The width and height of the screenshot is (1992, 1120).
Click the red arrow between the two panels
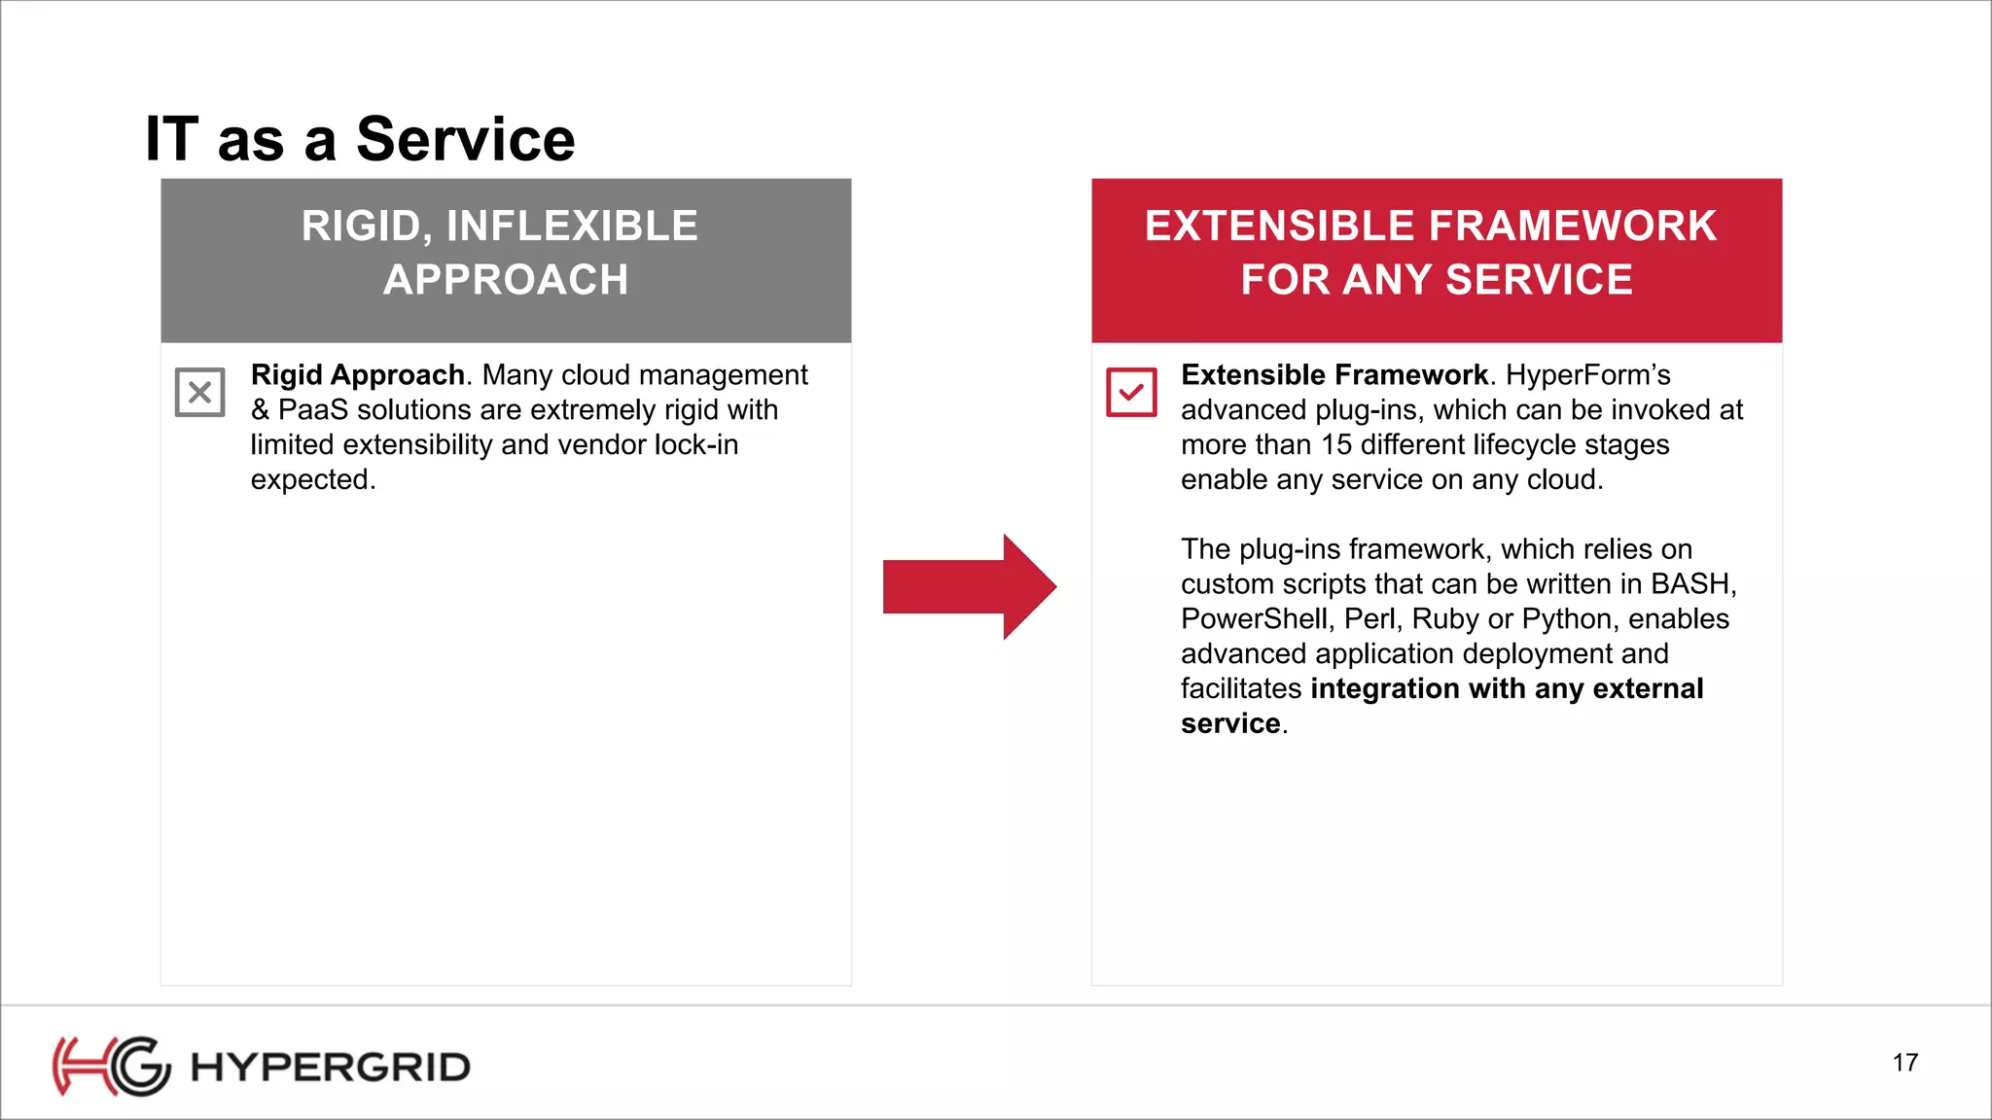(x=968, y=586)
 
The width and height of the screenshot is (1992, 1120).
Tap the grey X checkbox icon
(x=200, y=392)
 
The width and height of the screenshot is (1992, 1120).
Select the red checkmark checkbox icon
(x=1131, y=392)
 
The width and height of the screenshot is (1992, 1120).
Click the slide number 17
(x=1904, y=1063)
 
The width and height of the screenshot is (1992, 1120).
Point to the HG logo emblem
(x=111, y=1066)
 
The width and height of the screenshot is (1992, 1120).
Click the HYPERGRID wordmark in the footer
(x=331, y=1067)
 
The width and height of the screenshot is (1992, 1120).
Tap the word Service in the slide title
(x=465, y=139)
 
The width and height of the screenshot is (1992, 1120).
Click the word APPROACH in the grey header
(x=506, y=280)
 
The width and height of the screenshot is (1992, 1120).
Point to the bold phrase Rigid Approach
(x=357, y=374)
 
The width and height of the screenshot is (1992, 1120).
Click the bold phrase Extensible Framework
(x=1334, y=374)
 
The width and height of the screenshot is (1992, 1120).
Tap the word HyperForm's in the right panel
(x=1587, y=374)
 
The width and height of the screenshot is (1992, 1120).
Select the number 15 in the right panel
(x=1335, y=444)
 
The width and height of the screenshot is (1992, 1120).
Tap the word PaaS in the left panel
(x=312, y=409)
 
